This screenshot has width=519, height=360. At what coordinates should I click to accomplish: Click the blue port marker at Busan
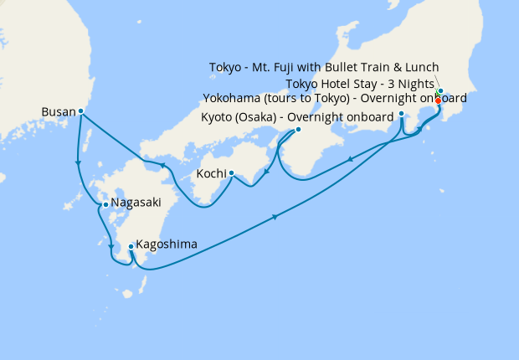tap(80, 111)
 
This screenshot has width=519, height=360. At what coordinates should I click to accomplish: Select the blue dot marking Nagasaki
tap(105, 204)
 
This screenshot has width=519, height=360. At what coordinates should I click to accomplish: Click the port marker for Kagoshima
tap(131, 246)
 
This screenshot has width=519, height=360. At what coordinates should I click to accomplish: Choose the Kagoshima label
tap(167, 244)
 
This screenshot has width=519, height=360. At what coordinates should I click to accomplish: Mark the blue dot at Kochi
tap(230, 175)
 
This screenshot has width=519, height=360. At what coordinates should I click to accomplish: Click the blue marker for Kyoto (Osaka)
tap(297, 130)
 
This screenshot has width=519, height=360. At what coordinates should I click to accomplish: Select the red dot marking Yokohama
tap(438, 100)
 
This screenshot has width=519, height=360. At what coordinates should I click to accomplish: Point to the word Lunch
tap(419, 68)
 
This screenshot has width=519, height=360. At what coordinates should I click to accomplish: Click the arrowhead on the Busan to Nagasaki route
tap(78, 163)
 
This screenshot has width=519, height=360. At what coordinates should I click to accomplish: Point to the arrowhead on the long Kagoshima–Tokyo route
tap(275, 218)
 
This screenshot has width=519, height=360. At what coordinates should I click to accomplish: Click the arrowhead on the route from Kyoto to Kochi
tap(265, 174)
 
